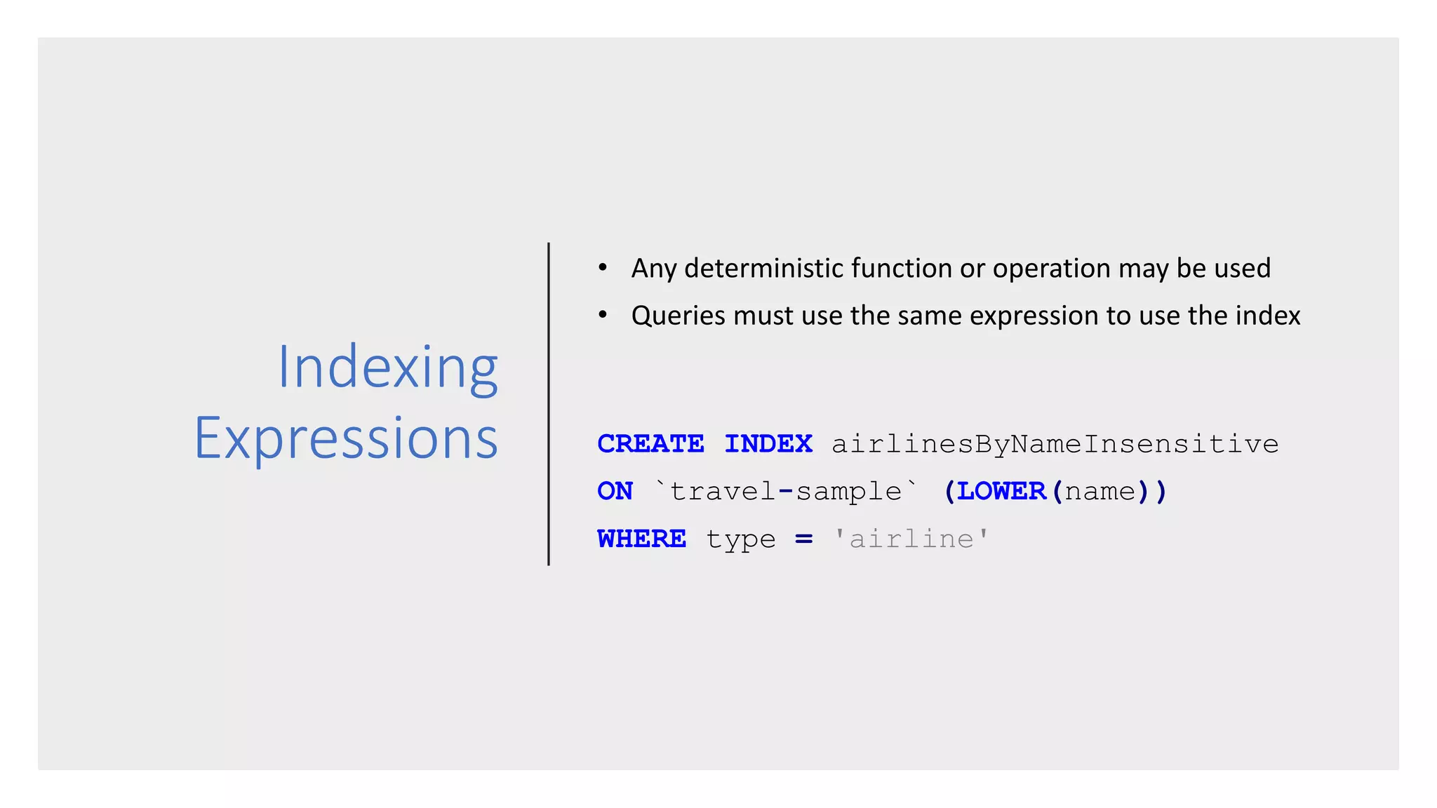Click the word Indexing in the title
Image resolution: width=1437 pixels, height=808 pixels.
[x=387, y=368]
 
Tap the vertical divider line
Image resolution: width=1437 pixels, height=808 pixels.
[x=549, y=403]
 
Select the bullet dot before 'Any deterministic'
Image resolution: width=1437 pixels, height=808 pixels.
[x=602, y=267]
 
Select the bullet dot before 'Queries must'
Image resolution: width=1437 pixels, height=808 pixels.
[x=602, y=315]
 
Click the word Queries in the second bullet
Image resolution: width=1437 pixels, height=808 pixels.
[x=678, y=316]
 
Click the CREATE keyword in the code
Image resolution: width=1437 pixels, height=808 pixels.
[x=650, y=444]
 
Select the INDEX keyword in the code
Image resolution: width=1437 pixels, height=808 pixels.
[x=768, y=444]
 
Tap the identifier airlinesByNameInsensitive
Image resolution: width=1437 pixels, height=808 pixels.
[x=1055, y=445]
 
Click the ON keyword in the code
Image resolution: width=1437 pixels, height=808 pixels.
[x=615, y=491]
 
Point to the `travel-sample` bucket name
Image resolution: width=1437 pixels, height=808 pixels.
[x=785, y=491]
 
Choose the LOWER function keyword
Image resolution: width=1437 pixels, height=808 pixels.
[x=1001, y=491]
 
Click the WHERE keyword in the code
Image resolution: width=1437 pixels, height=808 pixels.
[x=641, y=539]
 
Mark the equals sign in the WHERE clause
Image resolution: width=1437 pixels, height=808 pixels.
[x=803, y=539]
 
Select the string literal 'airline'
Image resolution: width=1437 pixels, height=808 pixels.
[x=911, y=539]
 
